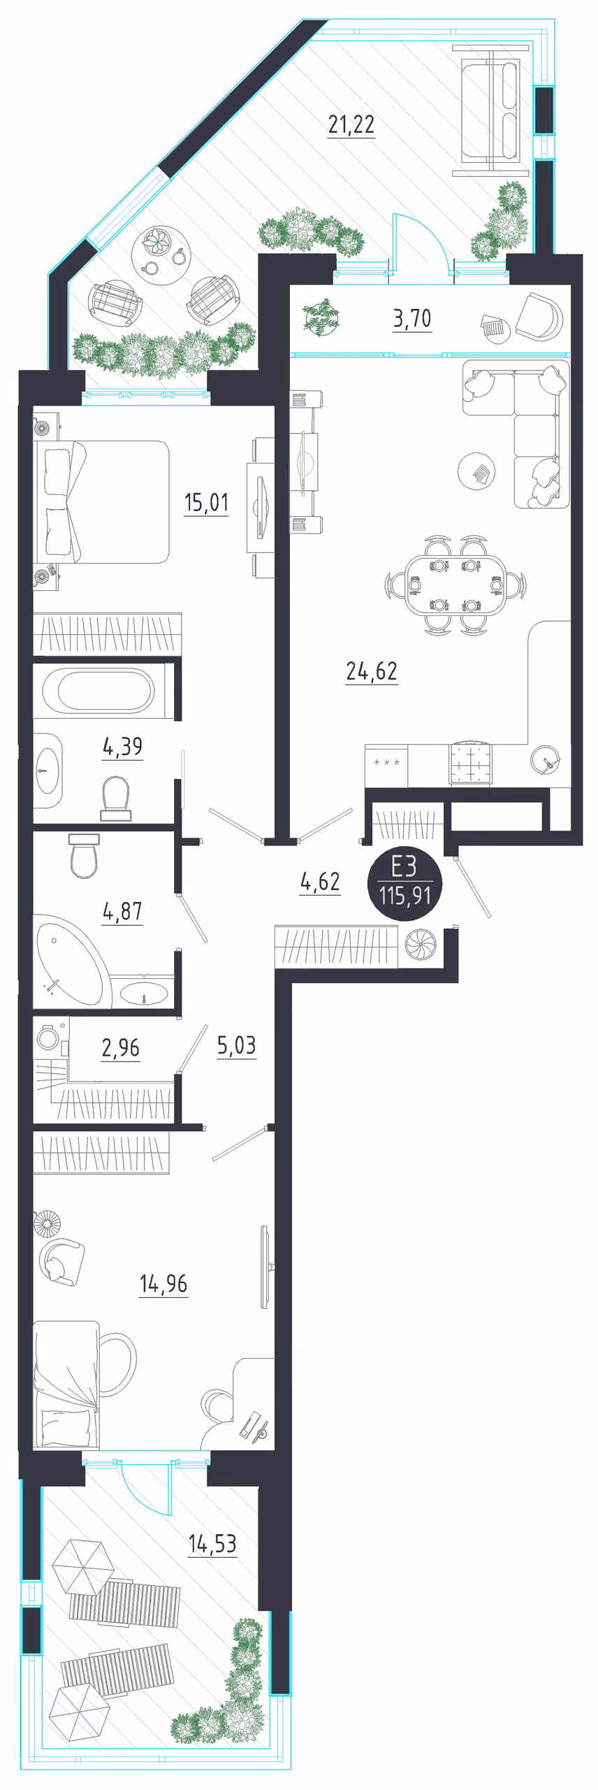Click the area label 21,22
351,124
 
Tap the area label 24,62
372,671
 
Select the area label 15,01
206,502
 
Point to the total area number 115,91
405,895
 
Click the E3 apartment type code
404,867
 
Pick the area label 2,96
121,1047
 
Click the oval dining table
455,585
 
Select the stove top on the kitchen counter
469,764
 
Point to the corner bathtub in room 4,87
70,961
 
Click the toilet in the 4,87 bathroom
85,855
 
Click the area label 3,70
412,319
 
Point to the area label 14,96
163,1284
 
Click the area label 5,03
236,1045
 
